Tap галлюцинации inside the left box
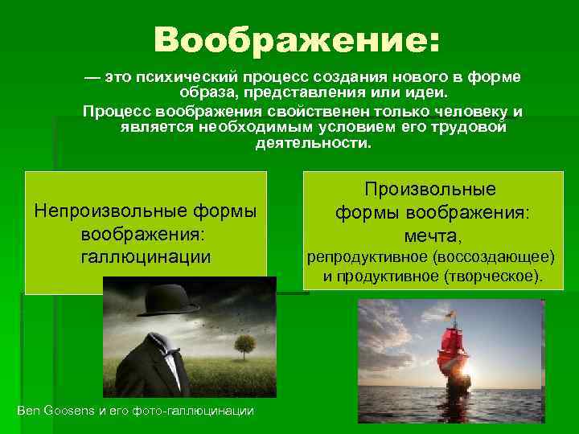click(146, 256)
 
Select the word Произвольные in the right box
click(430, 190)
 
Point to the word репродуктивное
click(366, 257)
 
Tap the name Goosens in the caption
click(76, 411)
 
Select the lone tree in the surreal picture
click(243, 347)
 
